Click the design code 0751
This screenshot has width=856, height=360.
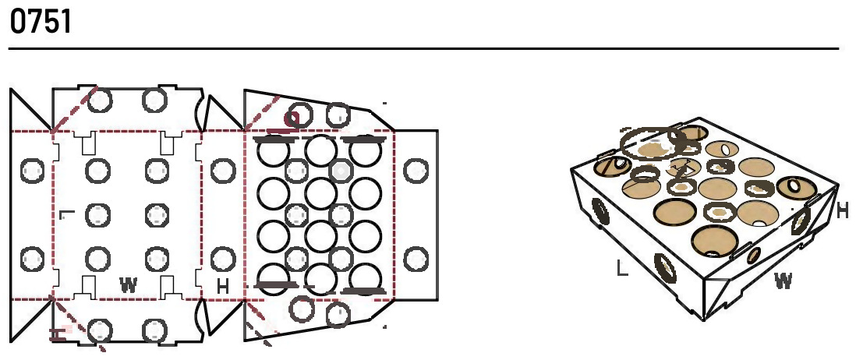click(41, 23)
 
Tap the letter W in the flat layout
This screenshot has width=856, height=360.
click(129, 284)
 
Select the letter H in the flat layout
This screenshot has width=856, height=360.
click(223, 287)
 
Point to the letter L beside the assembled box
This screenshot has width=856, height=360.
click(622, 268)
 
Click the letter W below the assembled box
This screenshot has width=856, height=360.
click(783, 281)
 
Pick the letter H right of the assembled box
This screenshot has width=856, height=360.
click(843, 210)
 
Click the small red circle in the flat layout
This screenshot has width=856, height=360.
click(292, 118)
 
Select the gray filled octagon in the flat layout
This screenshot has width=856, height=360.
click(341, 171)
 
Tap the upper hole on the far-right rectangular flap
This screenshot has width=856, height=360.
click(416, 170)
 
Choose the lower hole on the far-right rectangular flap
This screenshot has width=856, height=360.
click(416, 259)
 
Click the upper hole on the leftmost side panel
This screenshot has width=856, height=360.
click(32, 170)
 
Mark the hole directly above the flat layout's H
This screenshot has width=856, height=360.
click(223, 259)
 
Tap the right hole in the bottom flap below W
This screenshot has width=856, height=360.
click(154, 331)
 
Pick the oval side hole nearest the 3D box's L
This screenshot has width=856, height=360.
click(665, 268)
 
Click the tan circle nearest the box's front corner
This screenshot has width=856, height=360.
click(714, 241)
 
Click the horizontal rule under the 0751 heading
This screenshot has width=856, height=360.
click(423, 49)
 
